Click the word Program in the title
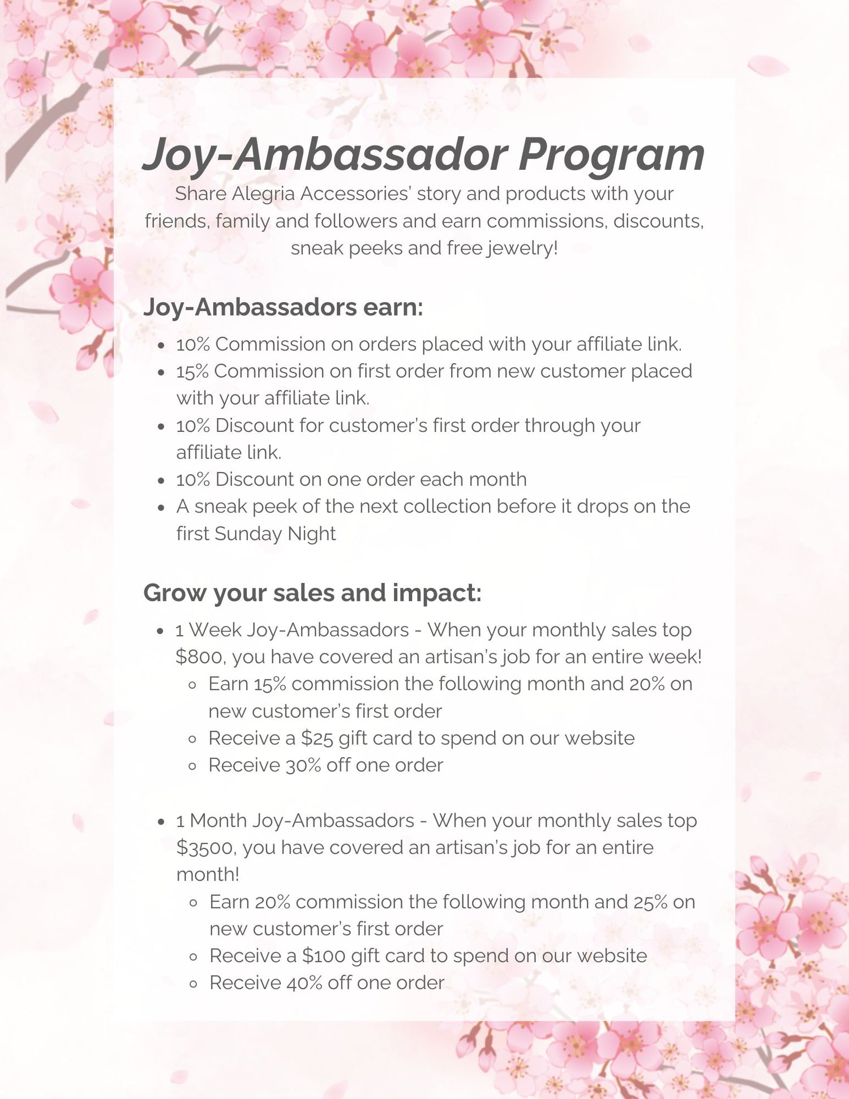click(x=611, y=155)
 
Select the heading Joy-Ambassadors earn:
click(x=283, y=307)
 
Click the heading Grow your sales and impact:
click(x=312, y=593)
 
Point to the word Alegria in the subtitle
click(x=263, y=194)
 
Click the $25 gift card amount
click(x=317, y=739)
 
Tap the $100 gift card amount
click(x=324, y=956)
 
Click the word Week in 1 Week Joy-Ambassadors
click(x=215, y=630)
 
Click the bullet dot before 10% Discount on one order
click(x=161, y=480)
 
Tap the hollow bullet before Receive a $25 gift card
click(x=192, y=739)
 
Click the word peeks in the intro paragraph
click(x=374, y=248)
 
